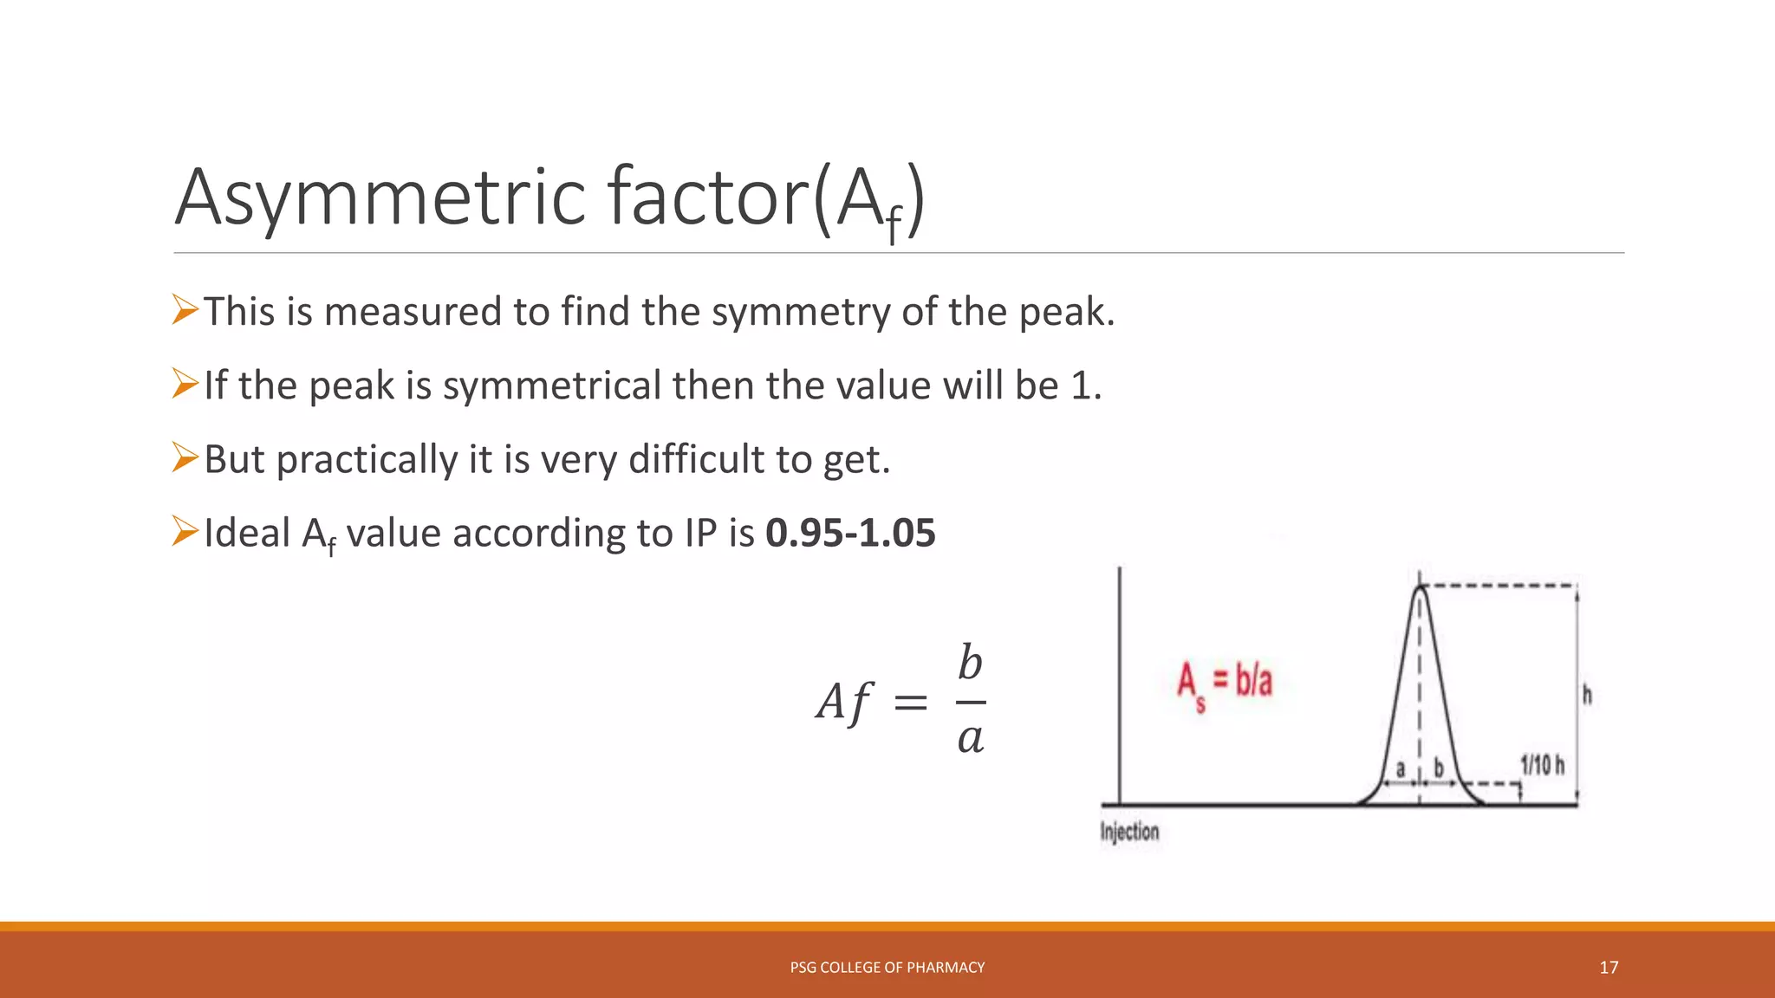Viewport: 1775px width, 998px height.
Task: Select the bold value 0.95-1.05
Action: coord(850,533)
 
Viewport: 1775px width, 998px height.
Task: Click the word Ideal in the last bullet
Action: coord(247,533)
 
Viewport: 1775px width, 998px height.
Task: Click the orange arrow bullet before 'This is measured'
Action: coord(185,309)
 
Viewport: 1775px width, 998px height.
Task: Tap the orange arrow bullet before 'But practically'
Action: coord(185,457)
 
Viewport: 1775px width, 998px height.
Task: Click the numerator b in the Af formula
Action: coord(970,664)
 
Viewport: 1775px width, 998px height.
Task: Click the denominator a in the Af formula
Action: coord(970,738)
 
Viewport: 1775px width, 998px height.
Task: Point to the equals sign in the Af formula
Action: coord(910,702)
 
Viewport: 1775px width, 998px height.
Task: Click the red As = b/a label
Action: coord(1224,683)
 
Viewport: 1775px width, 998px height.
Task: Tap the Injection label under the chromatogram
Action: coord(1129,832)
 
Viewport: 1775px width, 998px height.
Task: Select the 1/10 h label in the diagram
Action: coord(1542,765)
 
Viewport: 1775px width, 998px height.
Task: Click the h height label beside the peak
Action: coord(1587,695)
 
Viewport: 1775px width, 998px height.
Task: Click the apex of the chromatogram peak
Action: coord(1420,588)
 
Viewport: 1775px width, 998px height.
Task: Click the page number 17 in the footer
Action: coord(1609,968)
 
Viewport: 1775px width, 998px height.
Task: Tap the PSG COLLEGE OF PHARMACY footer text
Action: coord(887,968)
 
